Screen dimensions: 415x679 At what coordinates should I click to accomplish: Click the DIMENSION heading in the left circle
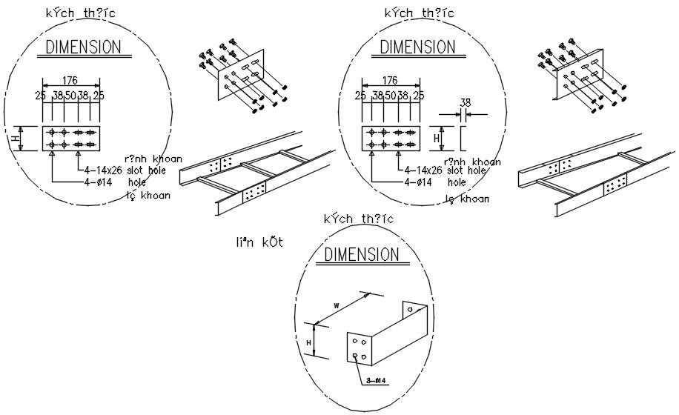pyautogui.click(x=83, y=47)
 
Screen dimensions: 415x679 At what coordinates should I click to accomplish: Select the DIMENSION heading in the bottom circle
pyautogui.click(x=362, y=254)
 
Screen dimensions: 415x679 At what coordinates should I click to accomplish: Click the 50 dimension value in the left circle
pyautogui.click(x=70, y=96)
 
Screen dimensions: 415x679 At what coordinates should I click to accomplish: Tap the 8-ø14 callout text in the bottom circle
pyautogui.click(x=378, y=381)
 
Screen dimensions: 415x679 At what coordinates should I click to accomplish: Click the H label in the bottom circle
pyautogui.click(x=309, y=341)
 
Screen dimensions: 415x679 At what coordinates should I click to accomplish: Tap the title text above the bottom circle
pyautogui.click(x=359, y=219)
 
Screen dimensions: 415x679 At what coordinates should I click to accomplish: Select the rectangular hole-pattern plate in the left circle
pyautogui.click(x=71, y=139)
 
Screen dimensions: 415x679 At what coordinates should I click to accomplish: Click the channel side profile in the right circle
pyautogui.click(x=463, y=138)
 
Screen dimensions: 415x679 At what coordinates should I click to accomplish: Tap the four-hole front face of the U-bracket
pyautogui.click(x=361, y=348)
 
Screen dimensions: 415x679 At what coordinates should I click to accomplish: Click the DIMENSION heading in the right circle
pyautogui.click(x=417, y=47)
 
